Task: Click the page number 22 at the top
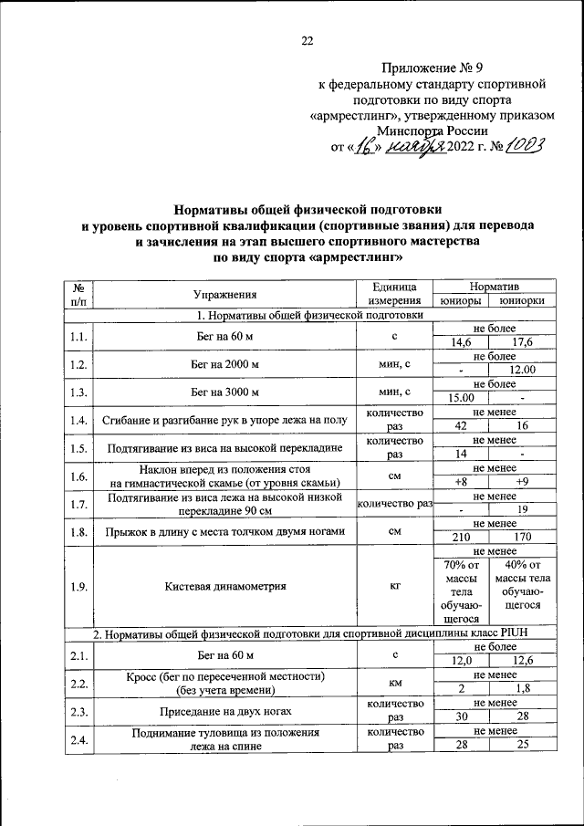pyautogui.click(x=307, y=39)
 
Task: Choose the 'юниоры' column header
pyautogui.click(x=461, y=300)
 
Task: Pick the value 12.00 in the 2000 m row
pyautogui.click(x=520, y=370)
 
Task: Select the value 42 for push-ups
pyautogui.click(x=462, y=425)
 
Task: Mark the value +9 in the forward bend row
pyautogui.click(x=521, y=481)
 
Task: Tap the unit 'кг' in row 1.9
pyautogui.click(x=394, y=587)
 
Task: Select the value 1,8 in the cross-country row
pyautogui.click(x=521, y=688)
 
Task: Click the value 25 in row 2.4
pyautogui.click(x=521, y=745)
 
